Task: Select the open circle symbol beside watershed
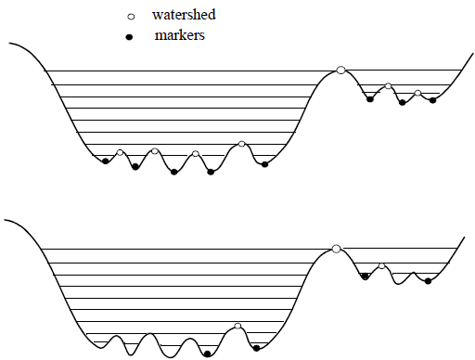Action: click(x=131, y=17)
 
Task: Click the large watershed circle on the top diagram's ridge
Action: click(x=341, y=70)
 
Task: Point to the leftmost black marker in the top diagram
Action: click(x=106, y=161)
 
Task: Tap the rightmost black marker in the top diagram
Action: click(x=433, y=100)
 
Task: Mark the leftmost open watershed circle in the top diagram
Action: click(x=121, y=153)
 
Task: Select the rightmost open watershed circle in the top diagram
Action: click(x=418, y=94)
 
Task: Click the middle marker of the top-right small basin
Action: click(x=403, y=102)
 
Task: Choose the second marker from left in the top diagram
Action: click(x=135, y=167)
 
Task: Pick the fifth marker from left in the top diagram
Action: click(x=265, y=164)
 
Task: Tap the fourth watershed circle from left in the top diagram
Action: click(x=242, y=144)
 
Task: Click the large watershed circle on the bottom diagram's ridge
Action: click(x=336, y=248)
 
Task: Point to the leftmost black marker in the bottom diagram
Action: click(x=206, y=353)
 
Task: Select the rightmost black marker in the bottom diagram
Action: click(x=428, y=280)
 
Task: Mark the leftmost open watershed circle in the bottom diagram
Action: click(x=238, y=326)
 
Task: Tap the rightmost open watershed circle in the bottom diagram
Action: click(x=381, y=266)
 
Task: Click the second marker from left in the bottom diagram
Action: click(x=256, y=348)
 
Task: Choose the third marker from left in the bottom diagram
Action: click(x=365, y=276)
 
